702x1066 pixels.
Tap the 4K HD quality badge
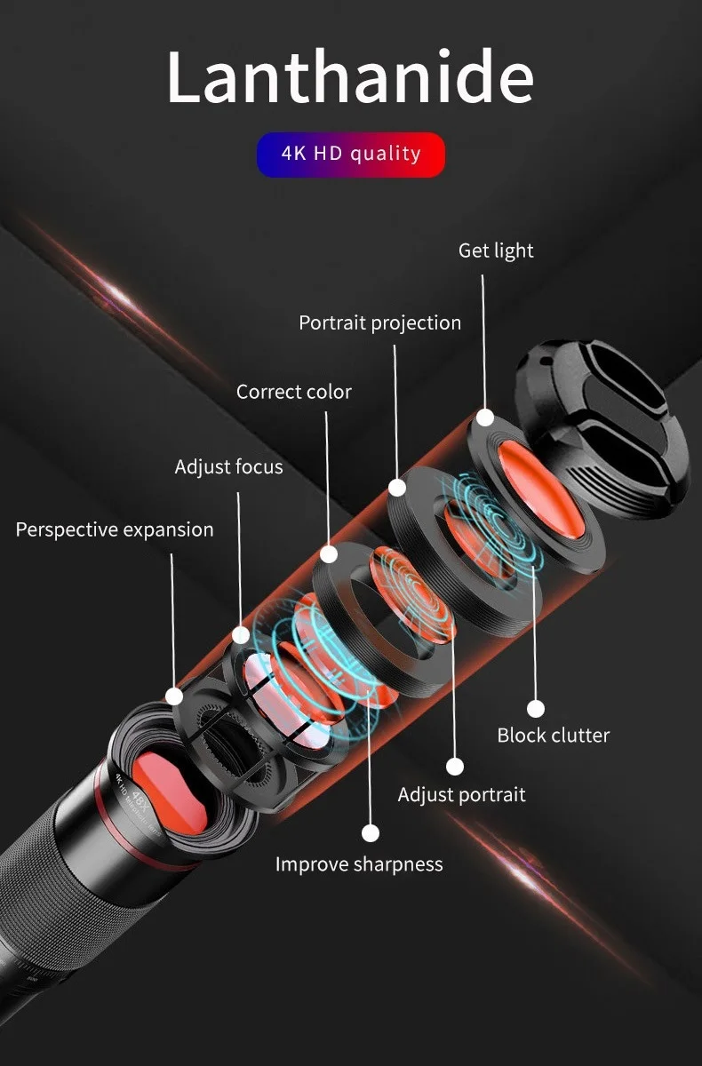tap(351, 155)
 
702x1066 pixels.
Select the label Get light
tap(496, 251)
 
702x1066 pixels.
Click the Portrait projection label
tap(379, 323)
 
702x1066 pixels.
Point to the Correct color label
tap(293, 392)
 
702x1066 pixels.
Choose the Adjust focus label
tap(228, 467)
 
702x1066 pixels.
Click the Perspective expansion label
tap(115, 530)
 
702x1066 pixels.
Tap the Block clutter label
tap(553, 736)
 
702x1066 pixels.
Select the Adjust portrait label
tap(461, 794)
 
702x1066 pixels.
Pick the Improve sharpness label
tap(358, 864)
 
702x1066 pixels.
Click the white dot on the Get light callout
tap(485, 417)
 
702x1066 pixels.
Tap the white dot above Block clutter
tap(535, 708)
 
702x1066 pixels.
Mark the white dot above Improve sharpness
tap(371, 833)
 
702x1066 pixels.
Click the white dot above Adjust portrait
tap(455, 766)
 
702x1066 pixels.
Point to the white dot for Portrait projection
tap(397, 487)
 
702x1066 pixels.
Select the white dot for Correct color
tap(329, 553)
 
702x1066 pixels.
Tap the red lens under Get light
tap(539, 489)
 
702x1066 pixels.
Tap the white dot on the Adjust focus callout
tap(241, 634)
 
